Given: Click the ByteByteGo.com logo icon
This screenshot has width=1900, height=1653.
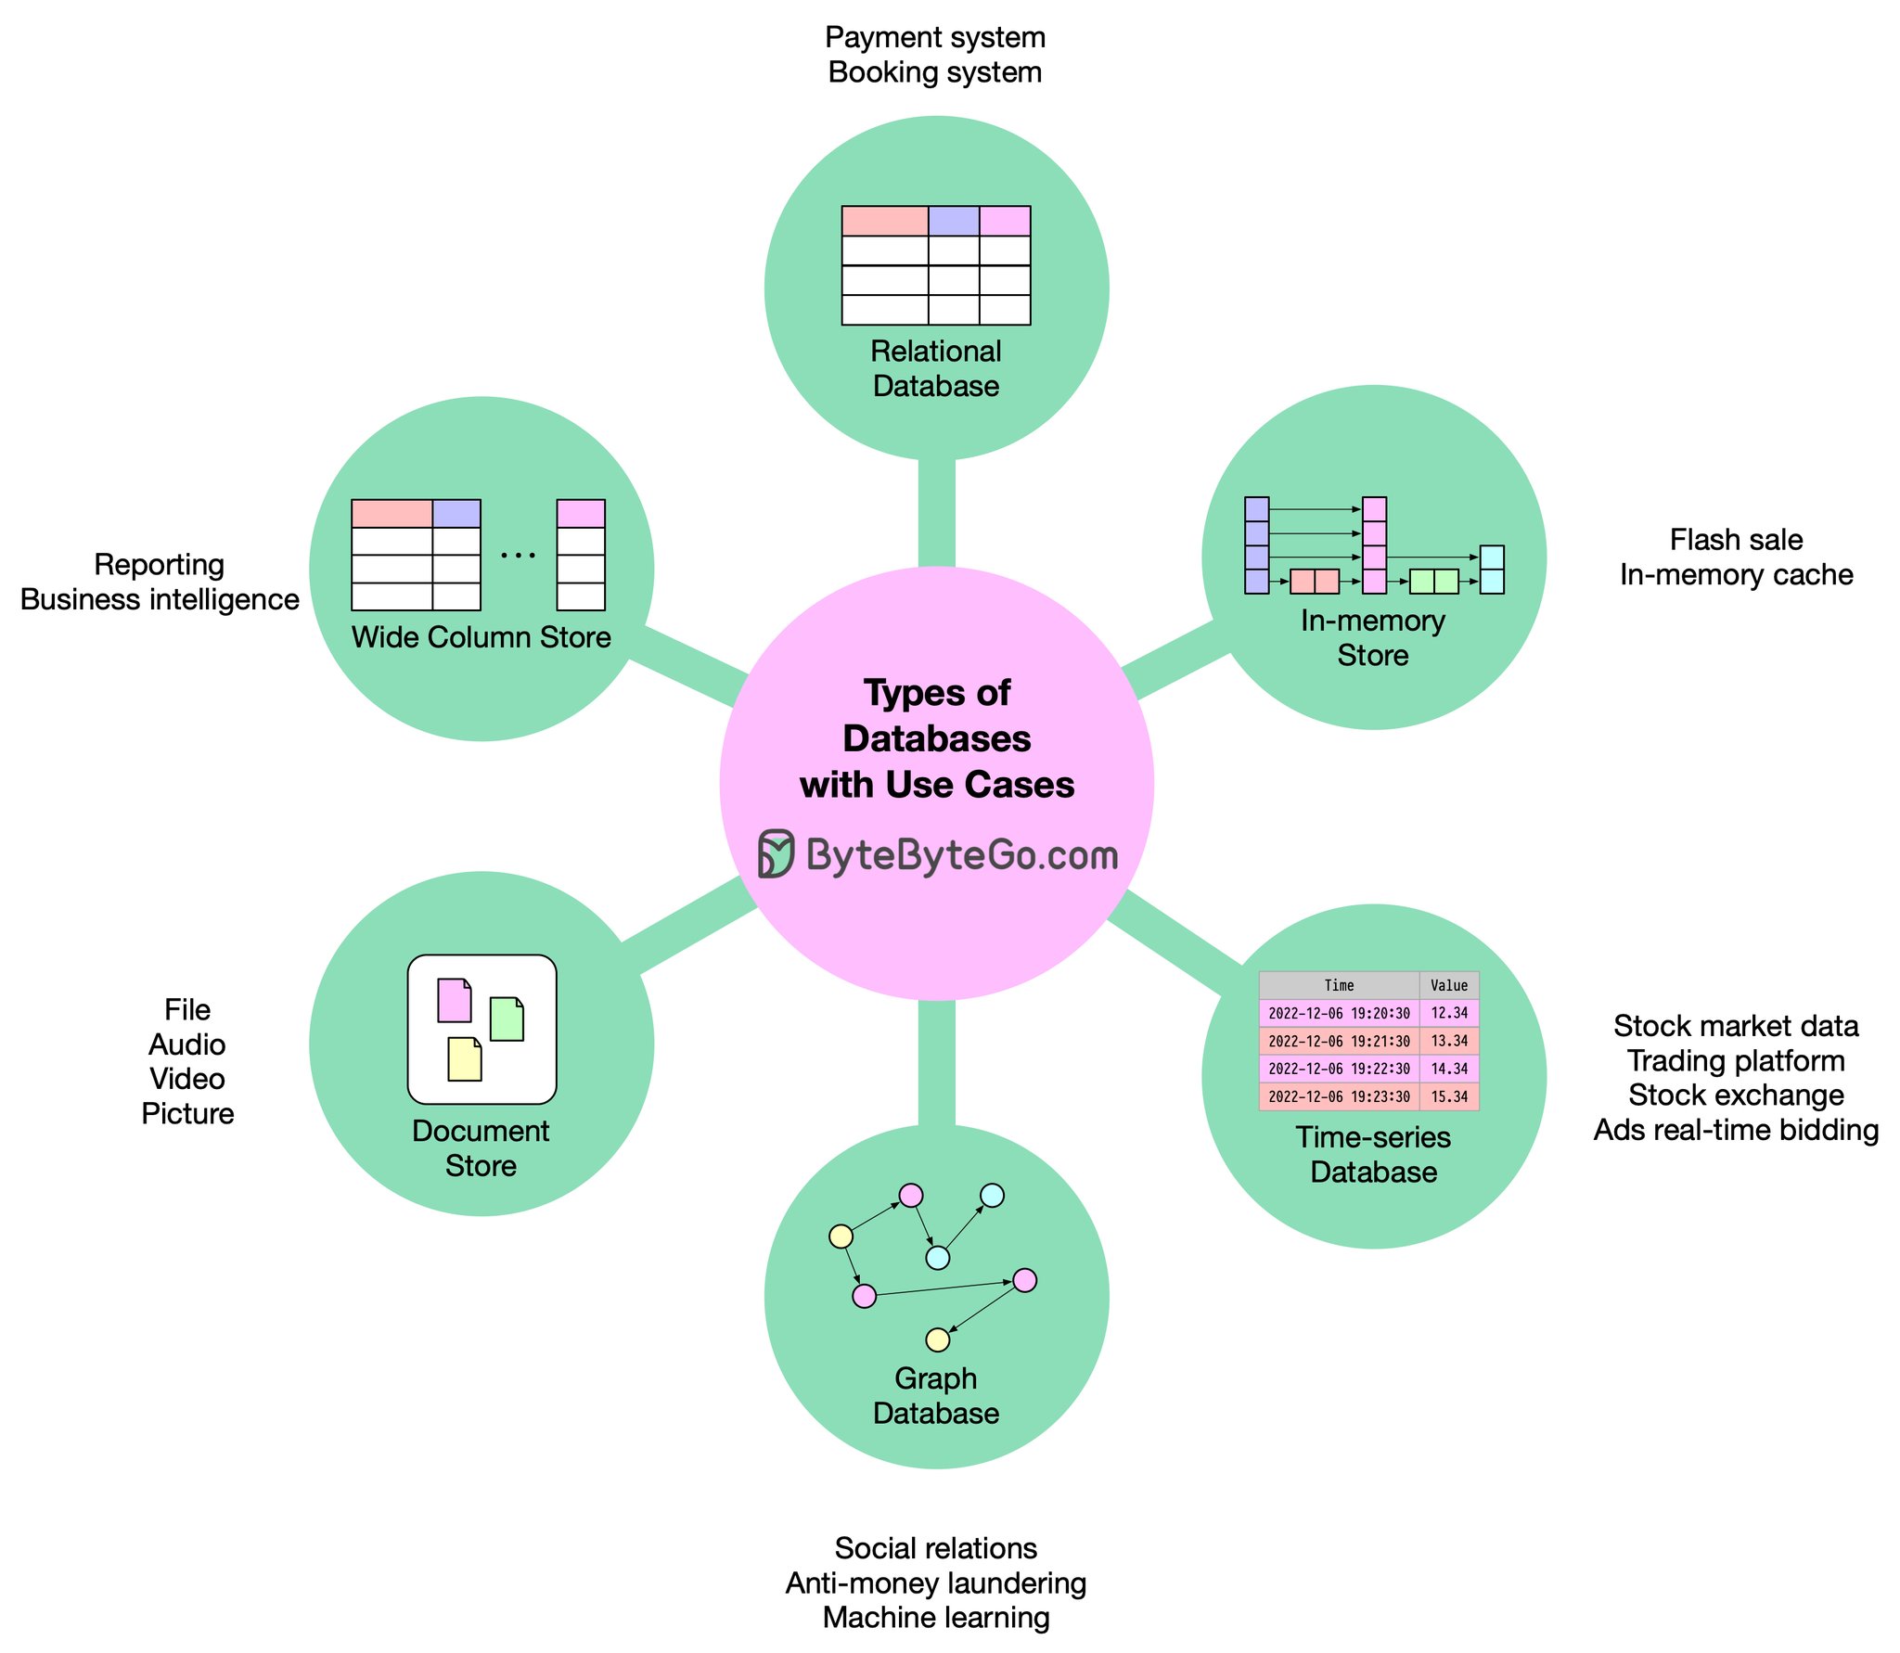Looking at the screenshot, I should pyautogui.click(x=776, y=854).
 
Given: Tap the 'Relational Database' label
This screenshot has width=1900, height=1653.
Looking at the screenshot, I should pyautogui.click(x=936, y=368).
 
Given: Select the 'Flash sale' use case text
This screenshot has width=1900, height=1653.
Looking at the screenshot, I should pyautogui.click(x=1736, y=540).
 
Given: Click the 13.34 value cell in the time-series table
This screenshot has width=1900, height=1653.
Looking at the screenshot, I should pyautogui.click(x=1448, y=1041).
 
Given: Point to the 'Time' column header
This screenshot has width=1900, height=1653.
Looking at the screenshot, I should pyautogui.click(x=1338, y=985).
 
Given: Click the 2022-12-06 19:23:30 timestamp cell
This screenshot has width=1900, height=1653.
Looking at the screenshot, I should pyautogui.click(x=1338, y=1096).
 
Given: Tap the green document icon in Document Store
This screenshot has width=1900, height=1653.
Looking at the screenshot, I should pyautogui.click(x=507, y=1019).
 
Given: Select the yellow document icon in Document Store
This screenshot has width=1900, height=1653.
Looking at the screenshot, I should pyautogui.click(x=464, y=1059).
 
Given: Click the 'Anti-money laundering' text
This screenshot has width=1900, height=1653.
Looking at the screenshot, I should pyautogui.click(x=935, y=1583).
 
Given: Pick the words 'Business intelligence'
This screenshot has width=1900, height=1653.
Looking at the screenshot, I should pyautogui.click(x=160, y=599).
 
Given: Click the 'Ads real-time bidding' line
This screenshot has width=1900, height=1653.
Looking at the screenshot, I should pyautogui.click(x=1736, y=1130).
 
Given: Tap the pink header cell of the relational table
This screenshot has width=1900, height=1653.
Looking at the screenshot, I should pyautogui.click(x=1005, y=222).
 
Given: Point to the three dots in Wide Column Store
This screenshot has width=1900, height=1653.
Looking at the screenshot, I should pyautogui.click(x=518, y=556).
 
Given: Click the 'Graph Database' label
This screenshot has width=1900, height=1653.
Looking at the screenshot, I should pyautogui.click(x=936, y=1395).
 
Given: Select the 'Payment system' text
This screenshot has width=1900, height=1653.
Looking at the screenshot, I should pyautogui.click(x=935, y=37).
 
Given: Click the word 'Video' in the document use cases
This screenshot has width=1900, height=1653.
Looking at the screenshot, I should pyautogui.click(x=187, y=1079).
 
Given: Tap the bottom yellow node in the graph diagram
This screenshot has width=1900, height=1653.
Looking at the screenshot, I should pyautogui.click(x=938, y=1339).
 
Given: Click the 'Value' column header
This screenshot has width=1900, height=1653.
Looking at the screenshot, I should pyautogui.click(x=1448, y=985).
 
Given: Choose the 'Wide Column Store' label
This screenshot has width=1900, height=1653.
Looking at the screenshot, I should pyautogui.click(x=481, y=637).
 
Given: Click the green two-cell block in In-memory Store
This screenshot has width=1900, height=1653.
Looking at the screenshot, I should pyautogui.click(x=1433, y=582).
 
